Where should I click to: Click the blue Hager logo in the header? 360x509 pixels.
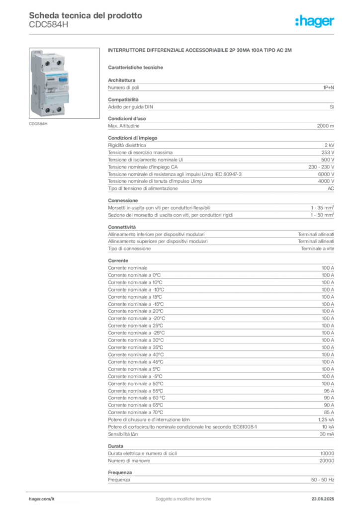click(x=315, y=21)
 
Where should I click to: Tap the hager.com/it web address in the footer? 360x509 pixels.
click(x=42, y=498)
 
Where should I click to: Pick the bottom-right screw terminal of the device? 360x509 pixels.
click(x=60, y=110)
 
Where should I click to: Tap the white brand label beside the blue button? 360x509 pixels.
click(x=50, y=79)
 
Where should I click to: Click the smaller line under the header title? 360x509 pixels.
click(x=50, y=27)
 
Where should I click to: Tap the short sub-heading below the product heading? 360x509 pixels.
click(x=137, y=67)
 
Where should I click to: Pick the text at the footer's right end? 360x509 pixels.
click(x=325, y=497)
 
